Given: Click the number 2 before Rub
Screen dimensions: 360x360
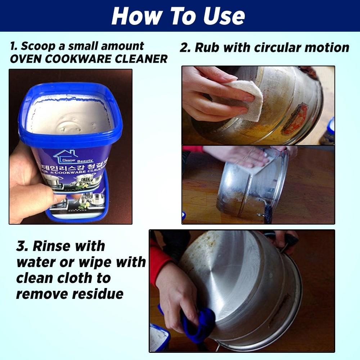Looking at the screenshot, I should (x=185, y=48).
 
